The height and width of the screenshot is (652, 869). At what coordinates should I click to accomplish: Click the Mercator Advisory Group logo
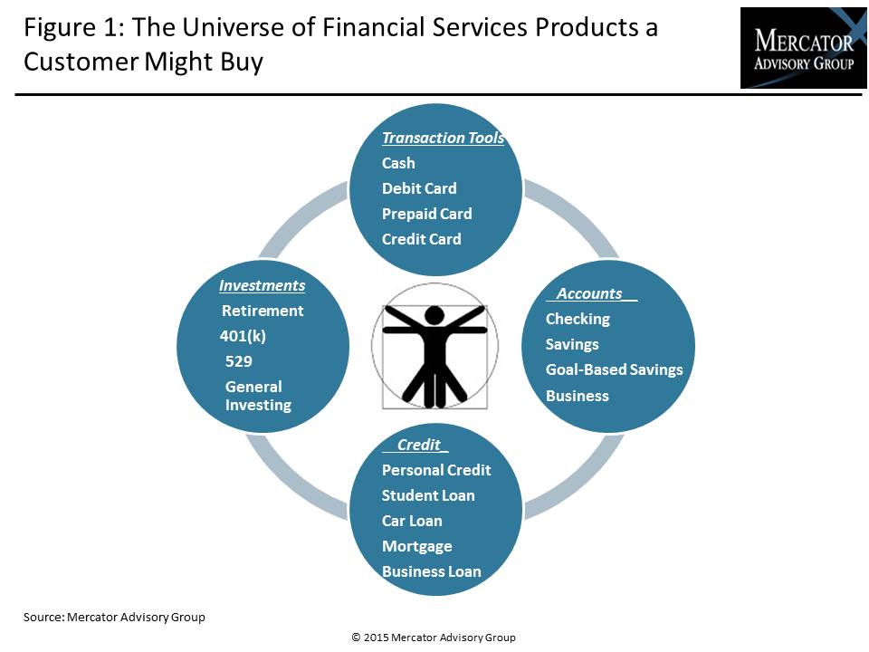tap(803, 48)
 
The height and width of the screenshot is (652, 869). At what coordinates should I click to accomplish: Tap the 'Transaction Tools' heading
tap(443, 138)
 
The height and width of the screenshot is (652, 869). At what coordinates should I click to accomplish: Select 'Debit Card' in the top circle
tap(419, 188)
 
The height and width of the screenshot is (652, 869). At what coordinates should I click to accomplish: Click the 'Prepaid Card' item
tap(426, 214)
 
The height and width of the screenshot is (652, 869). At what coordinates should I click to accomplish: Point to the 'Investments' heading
tap(263, 285)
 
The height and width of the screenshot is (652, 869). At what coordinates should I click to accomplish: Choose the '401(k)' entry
tap(243, 336)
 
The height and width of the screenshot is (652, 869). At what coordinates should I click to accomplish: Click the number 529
tap(239, 361)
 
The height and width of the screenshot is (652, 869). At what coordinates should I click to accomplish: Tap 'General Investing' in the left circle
tap(258, 396)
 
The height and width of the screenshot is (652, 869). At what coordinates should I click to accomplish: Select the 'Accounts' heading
tap(589, 293)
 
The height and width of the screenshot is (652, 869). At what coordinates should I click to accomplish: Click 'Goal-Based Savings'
tap(614, 369)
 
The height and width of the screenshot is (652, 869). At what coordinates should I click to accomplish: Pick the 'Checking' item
tap(578, 320)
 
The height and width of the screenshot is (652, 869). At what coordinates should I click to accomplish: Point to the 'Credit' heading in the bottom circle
tap(419, 445)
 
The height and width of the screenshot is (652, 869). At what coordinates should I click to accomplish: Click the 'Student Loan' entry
tap(428, 495)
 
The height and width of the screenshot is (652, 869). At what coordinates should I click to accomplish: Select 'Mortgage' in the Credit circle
tap(416, 547)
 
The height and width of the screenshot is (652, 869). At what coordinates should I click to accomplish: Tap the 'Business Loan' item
tap(431, 571)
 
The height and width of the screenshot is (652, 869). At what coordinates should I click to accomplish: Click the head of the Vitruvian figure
tap(434, 316)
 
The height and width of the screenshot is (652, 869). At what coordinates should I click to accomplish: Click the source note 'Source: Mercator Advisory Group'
tap(114, 617)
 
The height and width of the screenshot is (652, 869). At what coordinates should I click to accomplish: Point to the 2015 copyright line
tap(434, 638)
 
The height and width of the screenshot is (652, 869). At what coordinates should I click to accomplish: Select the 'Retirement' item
tap(263, 311)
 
